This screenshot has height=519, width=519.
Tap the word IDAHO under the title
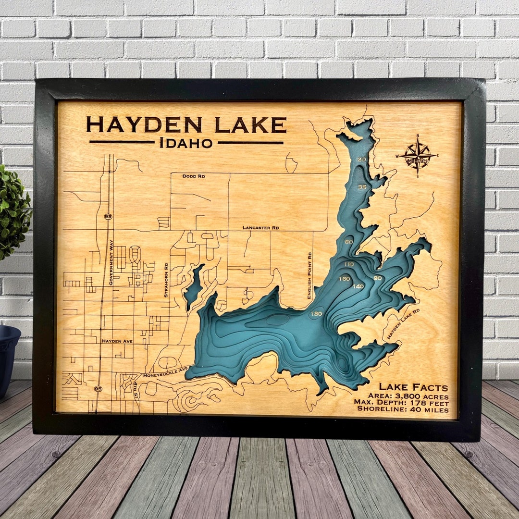coord(186,143)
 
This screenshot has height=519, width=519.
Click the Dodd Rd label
coord(194,176)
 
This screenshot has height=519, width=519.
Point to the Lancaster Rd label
coord(260,227)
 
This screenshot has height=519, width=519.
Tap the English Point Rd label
coord(310,274)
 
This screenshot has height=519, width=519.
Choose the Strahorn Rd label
coord(166,280)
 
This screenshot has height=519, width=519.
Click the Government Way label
coord(111,263)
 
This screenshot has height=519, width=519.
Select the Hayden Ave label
coord(117,341)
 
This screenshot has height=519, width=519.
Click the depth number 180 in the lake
coord(316,314)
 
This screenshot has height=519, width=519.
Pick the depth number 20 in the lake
coord(362,160)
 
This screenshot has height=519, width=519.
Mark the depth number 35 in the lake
coord(362,187)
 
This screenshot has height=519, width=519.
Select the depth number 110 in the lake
coord(348,264)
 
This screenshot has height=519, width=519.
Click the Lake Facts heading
coord(413,387)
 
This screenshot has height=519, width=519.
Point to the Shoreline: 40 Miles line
coord(403,410)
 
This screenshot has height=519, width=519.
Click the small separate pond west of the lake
coord(194,287)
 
